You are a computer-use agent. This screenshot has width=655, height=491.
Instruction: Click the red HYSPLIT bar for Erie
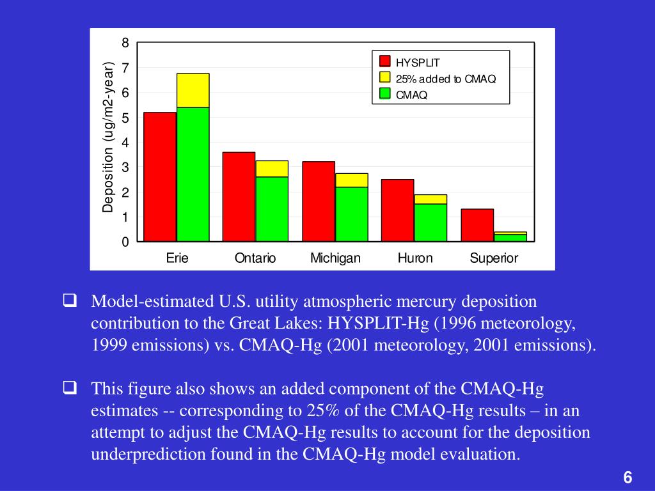tap(160, 177)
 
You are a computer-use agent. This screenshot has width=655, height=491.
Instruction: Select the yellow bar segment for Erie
tap(193, 90)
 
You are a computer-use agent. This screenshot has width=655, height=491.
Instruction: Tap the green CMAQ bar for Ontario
tap(272, 209)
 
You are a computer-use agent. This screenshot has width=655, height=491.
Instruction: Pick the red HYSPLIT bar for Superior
tap(477, 225)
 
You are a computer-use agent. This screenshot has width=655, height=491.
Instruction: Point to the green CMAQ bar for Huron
tap(430, 222)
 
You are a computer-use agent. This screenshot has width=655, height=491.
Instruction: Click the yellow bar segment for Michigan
tap(351, 180)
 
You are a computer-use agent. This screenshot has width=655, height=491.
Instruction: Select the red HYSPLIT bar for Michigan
tap(319, 201)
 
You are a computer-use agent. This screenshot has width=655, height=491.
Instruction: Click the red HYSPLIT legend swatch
tap(385, 61)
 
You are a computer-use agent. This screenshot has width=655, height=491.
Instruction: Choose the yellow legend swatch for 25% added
tap(385, 77)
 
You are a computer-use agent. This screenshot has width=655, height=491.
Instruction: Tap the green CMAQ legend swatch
tap(385, 93)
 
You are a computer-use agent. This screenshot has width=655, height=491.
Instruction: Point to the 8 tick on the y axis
tap(126, 43)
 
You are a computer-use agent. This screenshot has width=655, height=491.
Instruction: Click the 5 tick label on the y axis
tap(126, 118)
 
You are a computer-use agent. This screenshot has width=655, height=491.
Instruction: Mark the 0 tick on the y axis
tap(126, 242)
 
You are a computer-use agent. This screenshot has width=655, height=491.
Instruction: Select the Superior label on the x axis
tap(494, 258)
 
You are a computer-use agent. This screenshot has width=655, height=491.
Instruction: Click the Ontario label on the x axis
tap(255, 258)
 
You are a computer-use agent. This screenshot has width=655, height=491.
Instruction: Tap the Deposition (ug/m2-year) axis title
tap(108, 137)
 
